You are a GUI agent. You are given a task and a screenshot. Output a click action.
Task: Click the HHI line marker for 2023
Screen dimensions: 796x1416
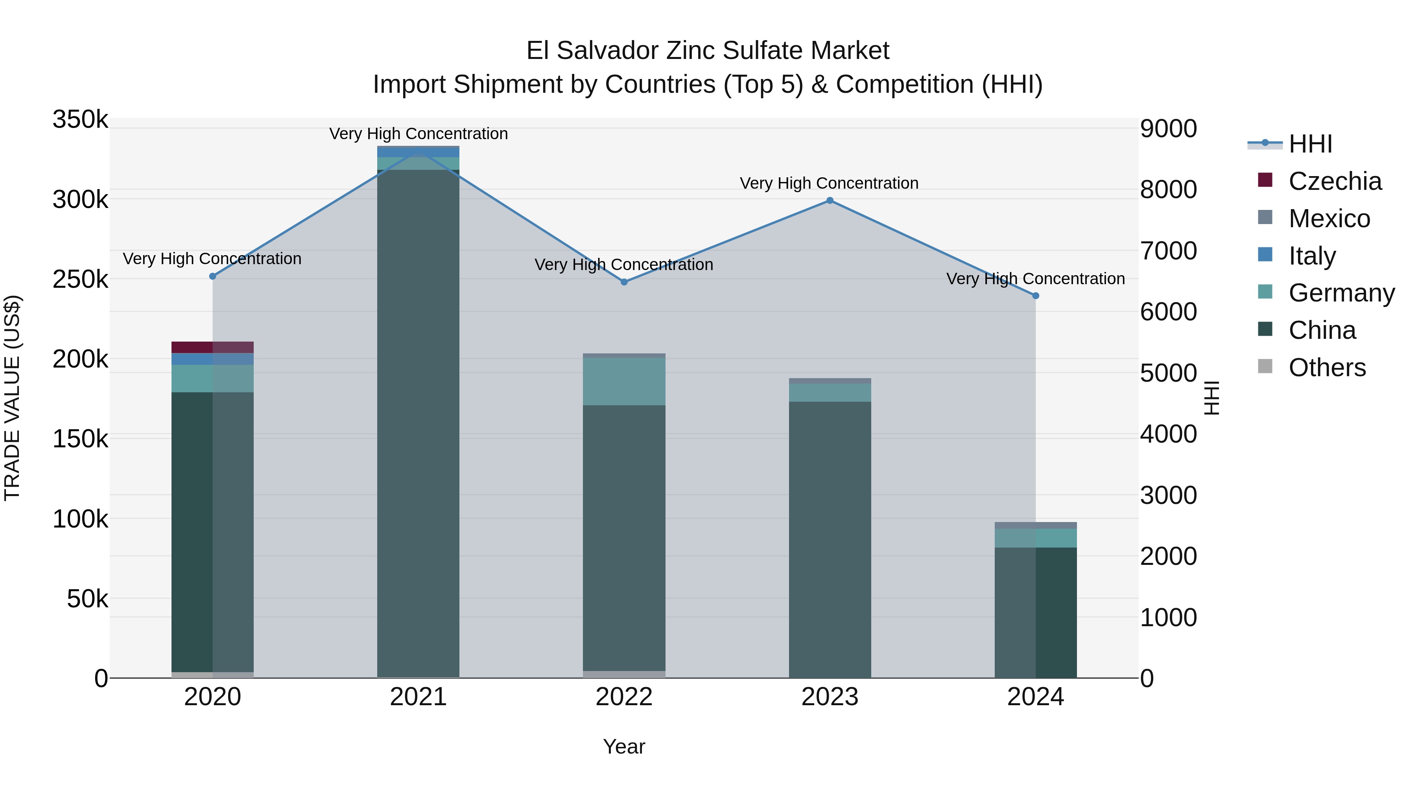coord(830,200)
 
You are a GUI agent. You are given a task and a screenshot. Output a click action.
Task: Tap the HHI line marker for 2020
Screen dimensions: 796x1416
coord(213,276)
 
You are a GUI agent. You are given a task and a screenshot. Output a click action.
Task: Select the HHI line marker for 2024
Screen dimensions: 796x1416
coord(1036,296)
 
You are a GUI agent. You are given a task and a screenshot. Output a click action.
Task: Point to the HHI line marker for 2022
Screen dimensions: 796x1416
coord(624,282)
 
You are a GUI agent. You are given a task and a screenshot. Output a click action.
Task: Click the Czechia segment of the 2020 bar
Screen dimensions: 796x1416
coord(213,347)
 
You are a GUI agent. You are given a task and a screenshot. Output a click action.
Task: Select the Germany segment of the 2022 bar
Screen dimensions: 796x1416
coord(624,381)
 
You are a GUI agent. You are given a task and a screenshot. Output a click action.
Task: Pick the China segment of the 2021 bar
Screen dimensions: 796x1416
coord(419,423)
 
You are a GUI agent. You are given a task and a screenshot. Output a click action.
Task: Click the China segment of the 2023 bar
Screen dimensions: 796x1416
coord(830,539)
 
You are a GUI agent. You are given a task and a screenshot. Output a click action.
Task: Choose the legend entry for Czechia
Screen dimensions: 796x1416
coord(1334,181)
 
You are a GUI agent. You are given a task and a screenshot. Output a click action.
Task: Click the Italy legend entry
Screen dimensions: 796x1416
coord(1311,256)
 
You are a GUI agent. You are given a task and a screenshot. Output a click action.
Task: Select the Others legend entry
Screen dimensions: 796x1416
coord(1326,368)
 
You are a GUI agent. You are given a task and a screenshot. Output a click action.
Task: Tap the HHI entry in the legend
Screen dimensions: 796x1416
coord(1310,144)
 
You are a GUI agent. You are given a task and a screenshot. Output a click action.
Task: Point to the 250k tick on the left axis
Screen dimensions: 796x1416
coord(80,279)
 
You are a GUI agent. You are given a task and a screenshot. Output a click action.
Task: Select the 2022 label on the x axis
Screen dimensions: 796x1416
coord(624,697)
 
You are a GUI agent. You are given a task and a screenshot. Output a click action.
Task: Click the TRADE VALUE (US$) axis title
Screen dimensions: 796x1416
coord(12,398)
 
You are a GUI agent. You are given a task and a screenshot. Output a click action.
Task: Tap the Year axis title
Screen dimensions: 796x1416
coord(624,746)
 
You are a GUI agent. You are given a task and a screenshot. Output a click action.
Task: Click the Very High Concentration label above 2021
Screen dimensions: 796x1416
coord(419,134)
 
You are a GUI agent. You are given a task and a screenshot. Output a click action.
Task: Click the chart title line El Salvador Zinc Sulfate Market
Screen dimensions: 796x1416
coord(708,51)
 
